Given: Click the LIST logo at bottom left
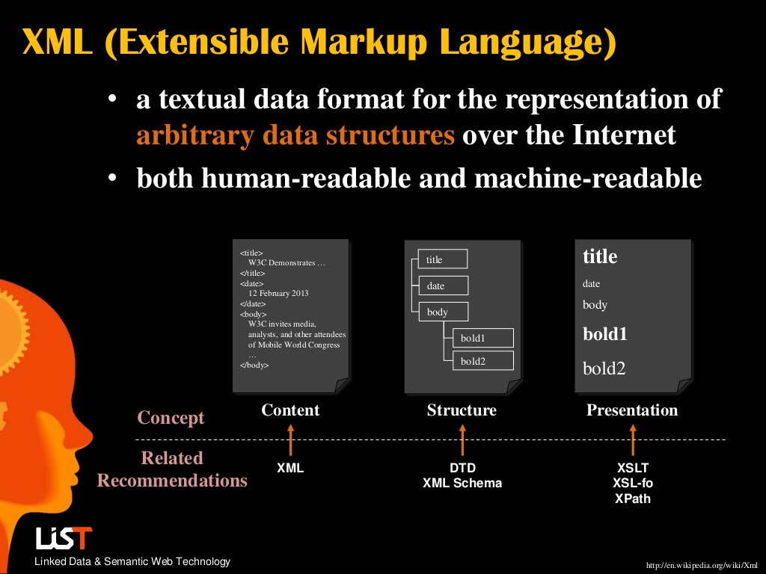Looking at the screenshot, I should click(64, 538).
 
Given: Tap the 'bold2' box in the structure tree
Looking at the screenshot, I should click(482, 361).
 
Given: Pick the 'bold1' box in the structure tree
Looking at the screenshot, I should click(482, 338).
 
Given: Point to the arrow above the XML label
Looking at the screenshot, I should click(290, 440).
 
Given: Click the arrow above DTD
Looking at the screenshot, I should click(462, 440).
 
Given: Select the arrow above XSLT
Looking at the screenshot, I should click(632, 440).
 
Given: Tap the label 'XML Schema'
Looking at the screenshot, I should click(462, 483).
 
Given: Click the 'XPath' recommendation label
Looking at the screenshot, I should click(632, 499).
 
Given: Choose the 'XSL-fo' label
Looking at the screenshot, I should click(632, 483).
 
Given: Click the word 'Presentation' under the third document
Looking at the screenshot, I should click(632, 410).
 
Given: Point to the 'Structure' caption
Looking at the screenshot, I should click(462, 410).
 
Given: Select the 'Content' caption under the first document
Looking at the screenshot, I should click(290, 410).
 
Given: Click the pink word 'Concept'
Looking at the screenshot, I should click(171, 418).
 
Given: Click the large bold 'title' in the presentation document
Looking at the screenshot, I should click(600, 256).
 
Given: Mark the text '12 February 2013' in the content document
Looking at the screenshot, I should click(278, 294).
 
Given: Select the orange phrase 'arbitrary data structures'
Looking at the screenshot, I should click(295, 136).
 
